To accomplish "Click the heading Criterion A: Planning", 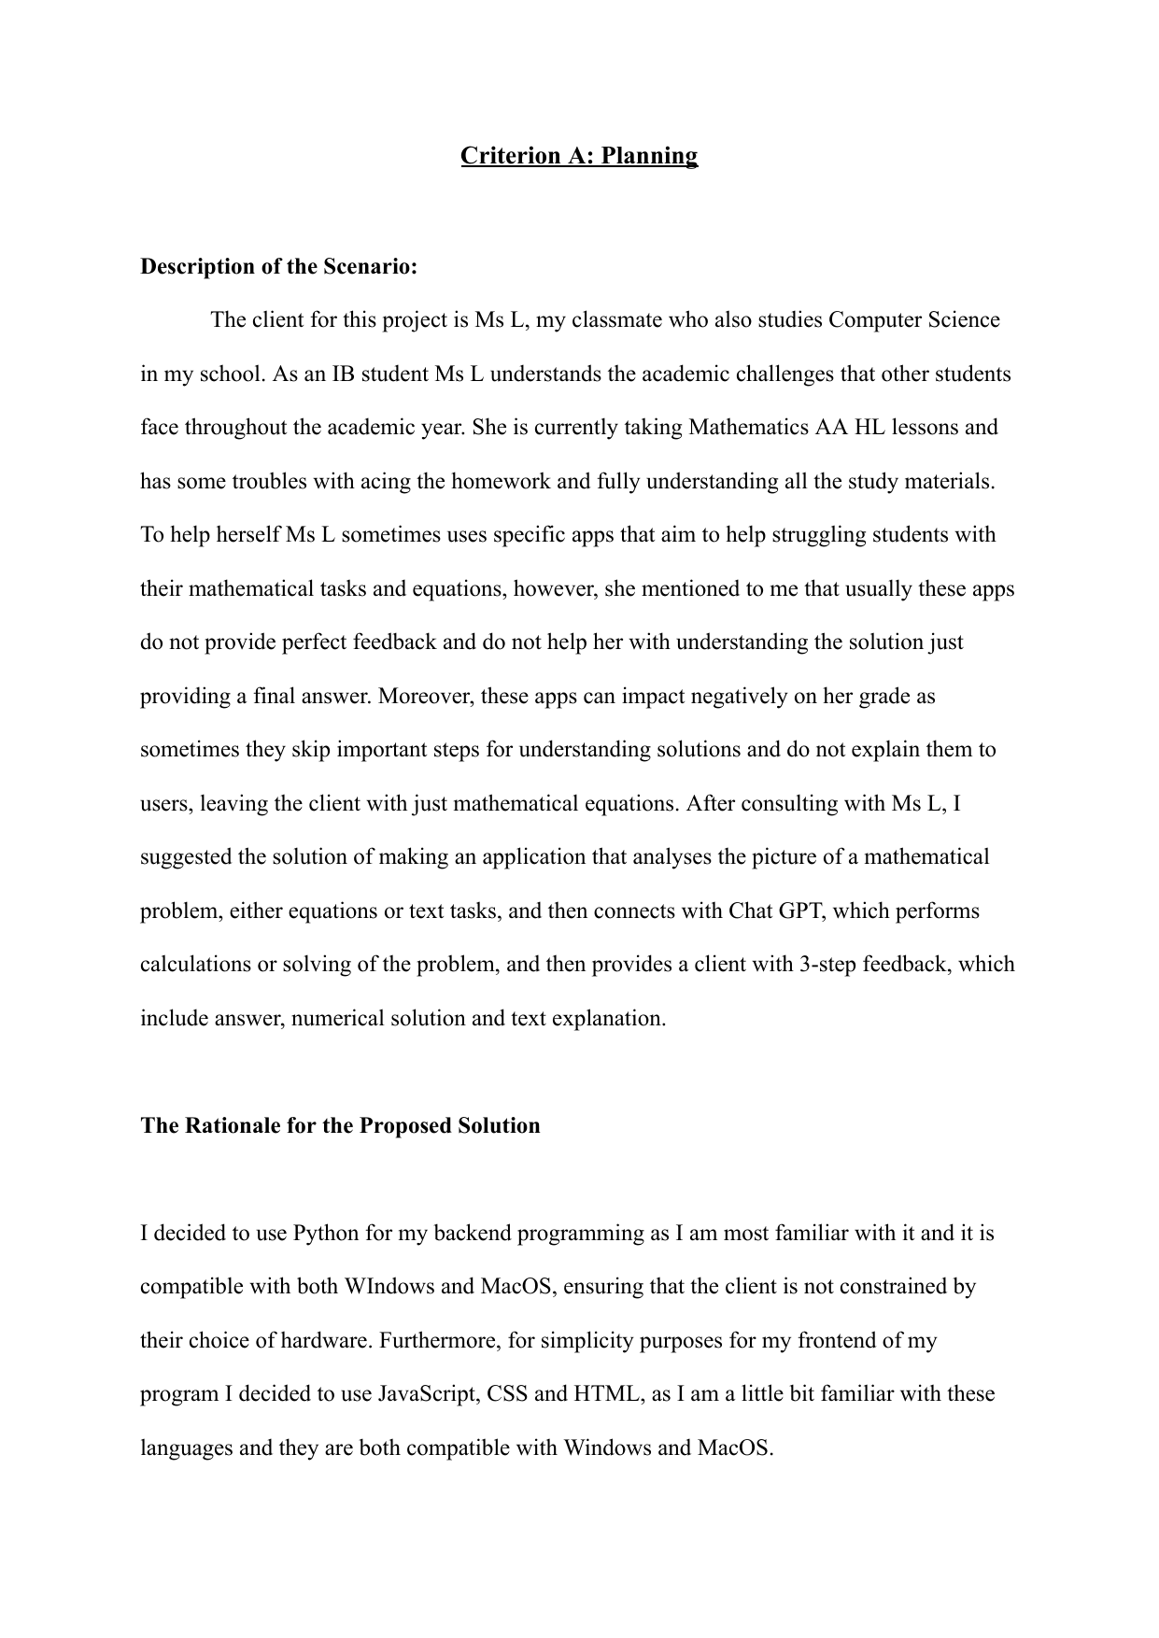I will (578, 155).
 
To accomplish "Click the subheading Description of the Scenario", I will (278, 267).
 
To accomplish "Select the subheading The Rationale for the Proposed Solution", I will (340, 1125).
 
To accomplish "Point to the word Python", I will (326, 1233).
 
